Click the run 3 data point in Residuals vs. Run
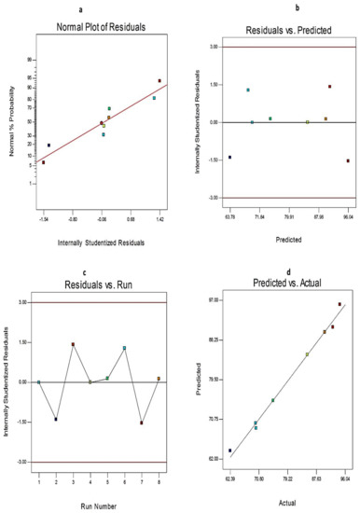click(x=73, y=344)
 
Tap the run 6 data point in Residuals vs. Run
click(x=124, y=348)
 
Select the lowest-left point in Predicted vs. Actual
click(x=230, y=451)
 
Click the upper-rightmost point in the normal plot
click(x=159, y=81)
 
